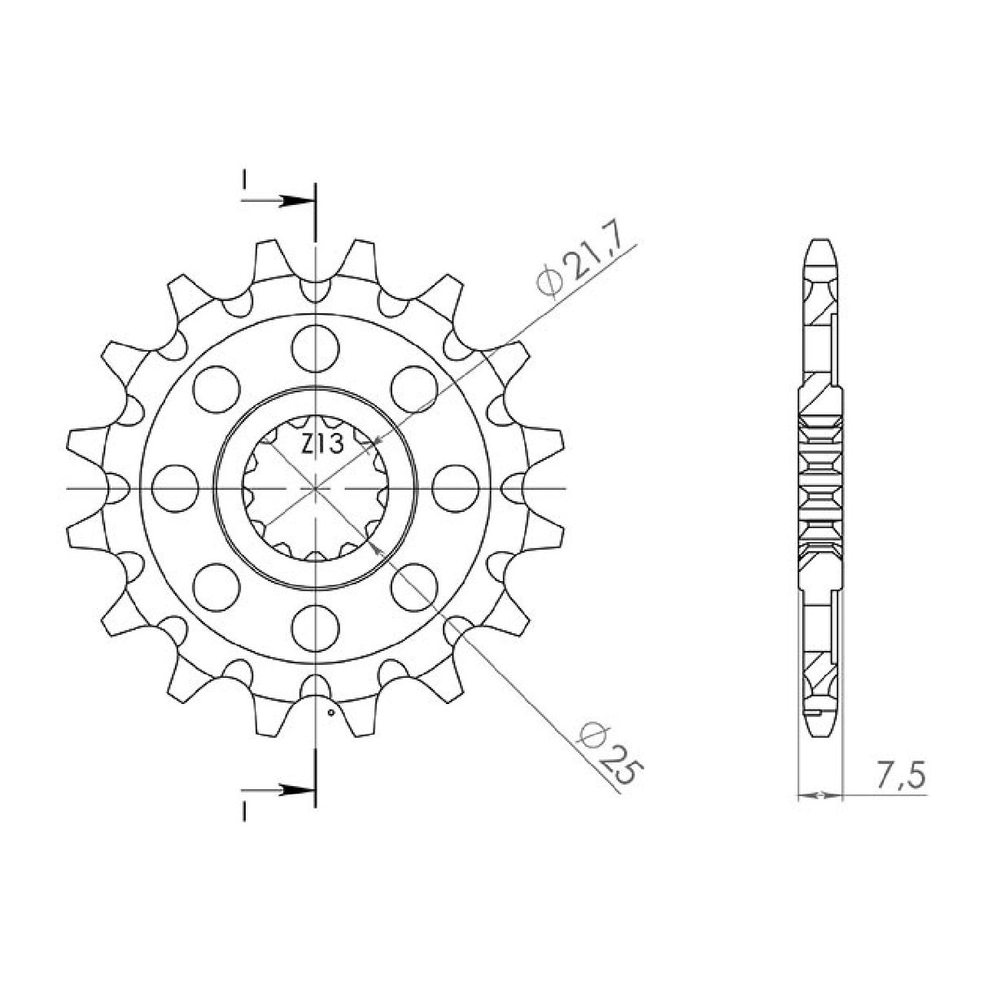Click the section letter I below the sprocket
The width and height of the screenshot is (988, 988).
coord(243,808)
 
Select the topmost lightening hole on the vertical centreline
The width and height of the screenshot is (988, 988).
coord(315,345)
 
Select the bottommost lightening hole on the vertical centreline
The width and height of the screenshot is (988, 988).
coord(315,627)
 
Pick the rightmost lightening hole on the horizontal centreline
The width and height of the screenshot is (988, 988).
coord(455,488)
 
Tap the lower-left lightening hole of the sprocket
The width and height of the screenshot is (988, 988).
coord(216,587)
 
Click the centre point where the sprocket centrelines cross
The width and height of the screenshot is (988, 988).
coord(315,488)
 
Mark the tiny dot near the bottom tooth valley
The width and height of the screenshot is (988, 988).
coord(330,713)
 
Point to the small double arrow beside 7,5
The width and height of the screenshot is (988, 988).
coord(819,793)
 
